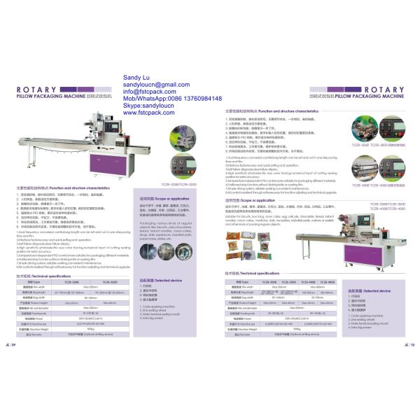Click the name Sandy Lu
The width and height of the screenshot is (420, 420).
[137, 77]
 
